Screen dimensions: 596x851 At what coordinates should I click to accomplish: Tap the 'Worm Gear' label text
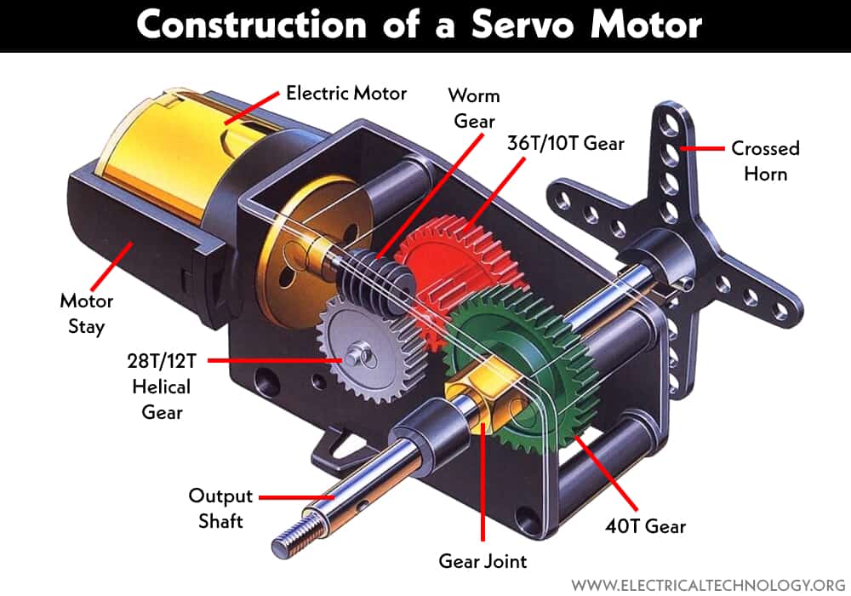[x=474, y=107]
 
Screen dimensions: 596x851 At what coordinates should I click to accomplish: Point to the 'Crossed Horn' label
[x=765, y=160]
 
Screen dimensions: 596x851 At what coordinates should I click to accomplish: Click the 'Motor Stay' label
[x=86, y=313]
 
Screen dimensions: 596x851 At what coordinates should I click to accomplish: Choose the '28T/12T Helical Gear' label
[x=162, y=386]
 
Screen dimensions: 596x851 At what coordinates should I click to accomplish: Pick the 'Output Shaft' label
[x=220, y=508]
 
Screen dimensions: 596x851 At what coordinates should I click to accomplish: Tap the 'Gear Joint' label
[x=483, y=561]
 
